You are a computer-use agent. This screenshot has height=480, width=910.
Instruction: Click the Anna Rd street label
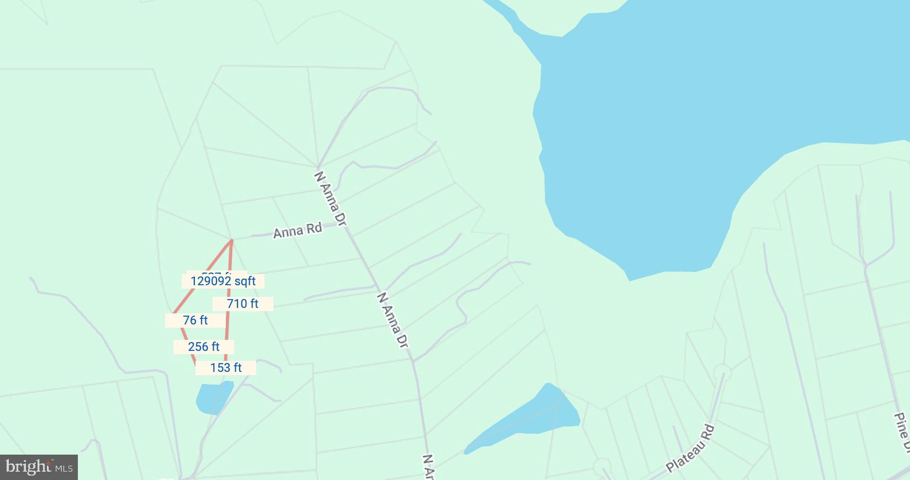click(x=297, y=230)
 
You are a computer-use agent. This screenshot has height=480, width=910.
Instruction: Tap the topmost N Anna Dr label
click(x=330, y=199)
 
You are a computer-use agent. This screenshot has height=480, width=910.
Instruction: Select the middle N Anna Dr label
click(x=393, y=320)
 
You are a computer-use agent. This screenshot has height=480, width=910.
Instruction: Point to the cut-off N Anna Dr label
click(x=429, y=467)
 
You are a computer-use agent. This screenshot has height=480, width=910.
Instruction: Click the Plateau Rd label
click(x=690, y=449)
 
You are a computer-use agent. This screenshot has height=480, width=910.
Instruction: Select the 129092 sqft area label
click(x=223, y=281)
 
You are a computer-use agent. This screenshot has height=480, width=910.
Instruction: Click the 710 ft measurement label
click(x=242, y=303)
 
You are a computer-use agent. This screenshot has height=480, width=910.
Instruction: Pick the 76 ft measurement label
click(x=195, y=320)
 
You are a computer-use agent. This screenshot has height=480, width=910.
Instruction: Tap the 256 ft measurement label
click(x=204, y=346)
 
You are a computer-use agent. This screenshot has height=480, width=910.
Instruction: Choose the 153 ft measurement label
click(x=226, y=367)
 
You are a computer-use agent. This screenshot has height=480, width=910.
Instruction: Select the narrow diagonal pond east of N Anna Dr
click(x=530, y=417)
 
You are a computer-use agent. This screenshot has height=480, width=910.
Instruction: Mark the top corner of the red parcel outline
click(x=232, y=240)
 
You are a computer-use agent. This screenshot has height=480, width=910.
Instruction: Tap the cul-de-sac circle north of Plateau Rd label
click(x=722, y=372)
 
